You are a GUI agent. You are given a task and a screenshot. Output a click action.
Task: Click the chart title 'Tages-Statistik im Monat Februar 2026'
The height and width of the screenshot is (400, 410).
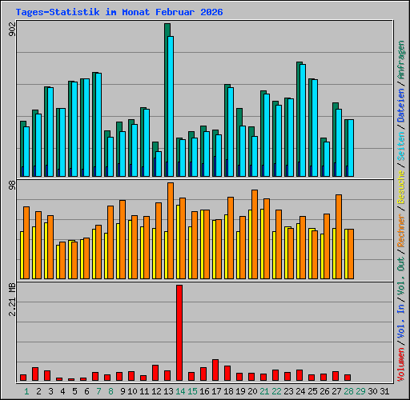coord(119,13)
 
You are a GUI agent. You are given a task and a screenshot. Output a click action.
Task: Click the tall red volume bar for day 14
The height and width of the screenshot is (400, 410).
coord(179,332)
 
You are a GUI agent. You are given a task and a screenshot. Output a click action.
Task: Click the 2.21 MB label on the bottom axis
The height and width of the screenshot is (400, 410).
coord(11,299)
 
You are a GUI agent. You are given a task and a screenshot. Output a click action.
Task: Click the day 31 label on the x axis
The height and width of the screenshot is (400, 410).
coord(384,391)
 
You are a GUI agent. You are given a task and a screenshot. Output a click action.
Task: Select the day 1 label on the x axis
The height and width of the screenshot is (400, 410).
coord(27,391)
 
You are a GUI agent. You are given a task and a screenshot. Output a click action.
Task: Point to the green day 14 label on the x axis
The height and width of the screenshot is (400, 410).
coord(180,391)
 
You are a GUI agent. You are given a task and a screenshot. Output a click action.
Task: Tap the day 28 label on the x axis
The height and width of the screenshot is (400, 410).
coord(348,391)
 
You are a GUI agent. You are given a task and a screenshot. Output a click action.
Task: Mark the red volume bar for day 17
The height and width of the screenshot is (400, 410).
coord(215,370)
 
